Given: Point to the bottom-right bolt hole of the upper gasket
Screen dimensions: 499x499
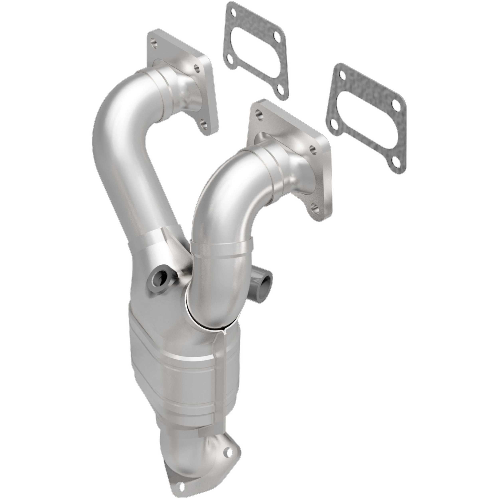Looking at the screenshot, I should point(281,82).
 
